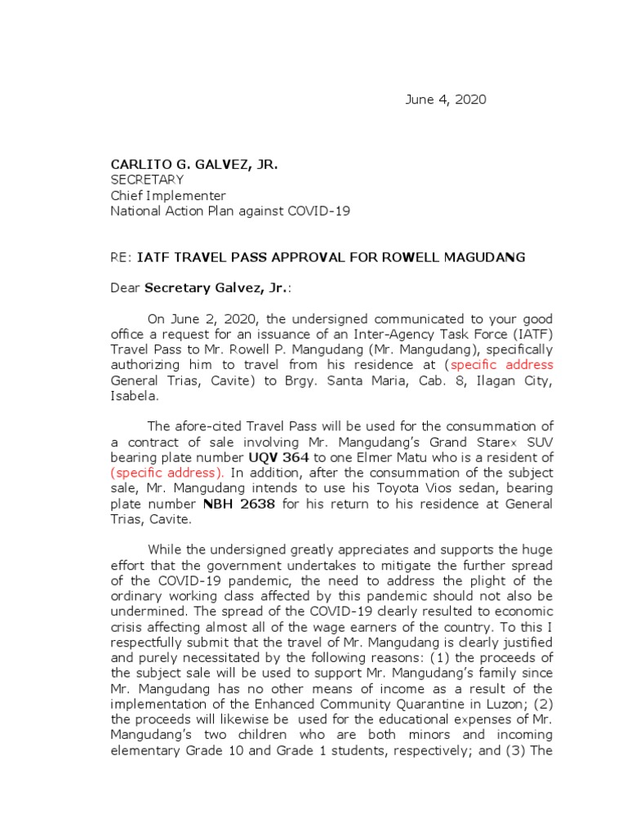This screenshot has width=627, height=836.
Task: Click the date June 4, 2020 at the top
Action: (446, 100)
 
